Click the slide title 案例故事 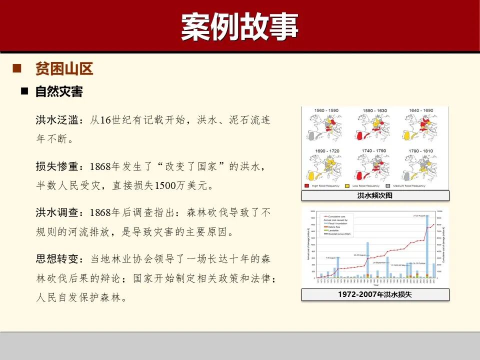[239, 26]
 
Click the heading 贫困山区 [64, 68]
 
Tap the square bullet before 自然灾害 [24, 91]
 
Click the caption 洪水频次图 [375, 195]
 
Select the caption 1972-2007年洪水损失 [375, 295]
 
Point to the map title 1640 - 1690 [420, 110]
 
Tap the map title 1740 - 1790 [373, 150]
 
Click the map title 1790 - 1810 [420, 150]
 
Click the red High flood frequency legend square [306, 186]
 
